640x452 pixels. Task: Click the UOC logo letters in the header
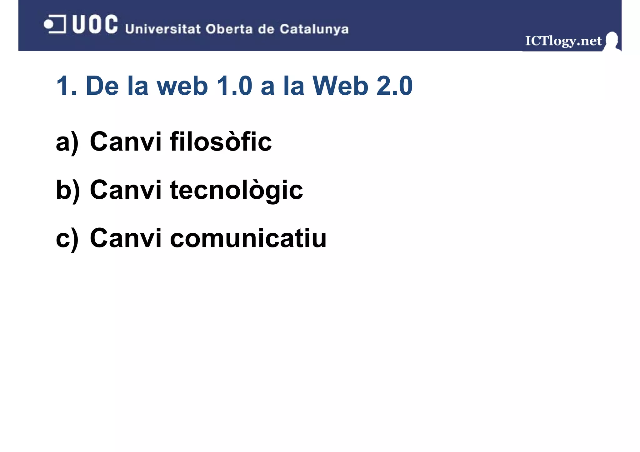tap(95, 24)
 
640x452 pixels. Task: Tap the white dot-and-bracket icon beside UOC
tap(55, 24)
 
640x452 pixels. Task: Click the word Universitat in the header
tap(162, 29)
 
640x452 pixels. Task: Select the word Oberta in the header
tap(229, 29)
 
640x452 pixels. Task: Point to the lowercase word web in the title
tap(182, 86)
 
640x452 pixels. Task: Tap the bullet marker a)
tap(67, 142)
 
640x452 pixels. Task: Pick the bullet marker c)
tap(67, 238)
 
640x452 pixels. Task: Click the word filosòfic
tap(221, 142)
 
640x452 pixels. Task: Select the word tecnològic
tap(236, 190)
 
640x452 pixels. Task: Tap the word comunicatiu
tap(248, 238)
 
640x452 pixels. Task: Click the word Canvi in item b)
tap(126, 190)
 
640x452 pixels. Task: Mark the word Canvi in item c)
tap(126, 238)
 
